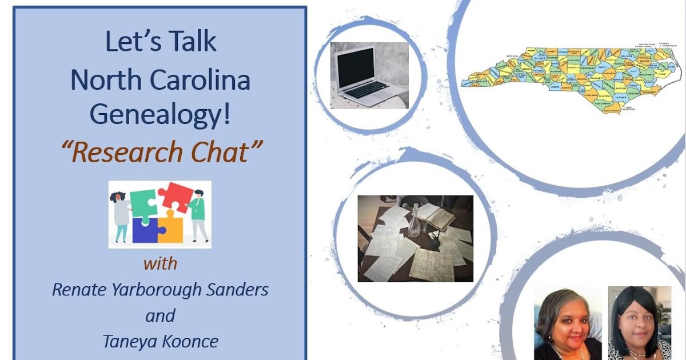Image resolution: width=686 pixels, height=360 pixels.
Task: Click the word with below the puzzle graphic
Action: pos(160,263)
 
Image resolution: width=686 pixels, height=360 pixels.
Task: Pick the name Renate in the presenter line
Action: pos(79,289)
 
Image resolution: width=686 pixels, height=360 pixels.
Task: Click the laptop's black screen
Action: pos(356,67)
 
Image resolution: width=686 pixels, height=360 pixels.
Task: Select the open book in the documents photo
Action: pos(437,215)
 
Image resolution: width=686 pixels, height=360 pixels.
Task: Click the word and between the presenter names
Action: pos(160,315)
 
